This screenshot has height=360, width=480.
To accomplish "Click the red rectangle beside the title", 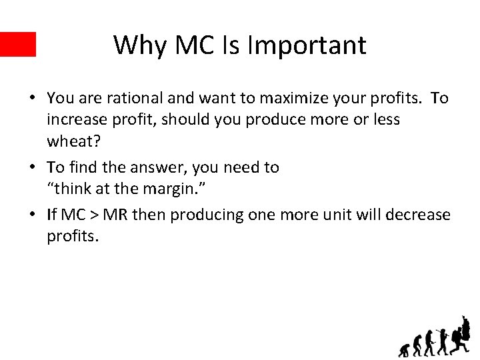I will coord(17,44).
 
